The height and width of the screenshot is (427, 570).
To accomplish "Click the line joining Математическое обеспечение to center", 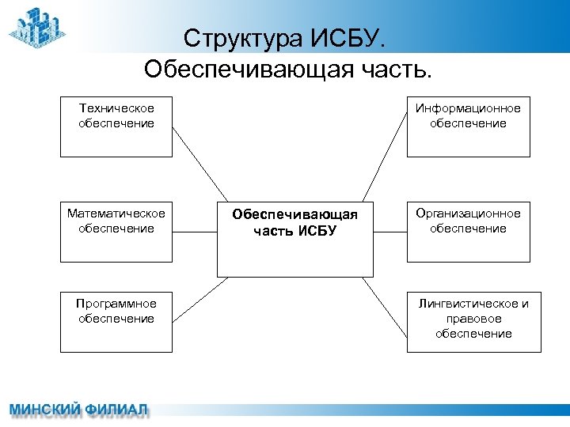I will tap(195, 232).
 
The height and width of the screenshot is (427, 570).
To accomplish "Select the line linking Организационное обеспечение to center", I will tap(389, 232).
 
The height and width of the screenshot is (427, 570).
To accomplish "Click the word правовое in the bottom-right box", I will tap(473, 319).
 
